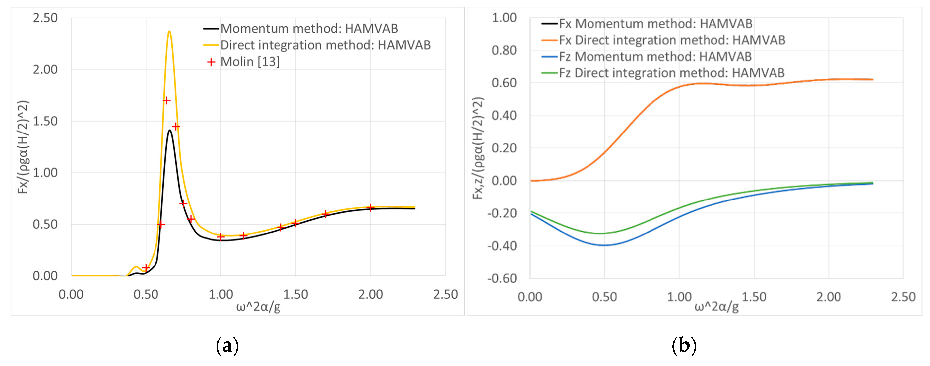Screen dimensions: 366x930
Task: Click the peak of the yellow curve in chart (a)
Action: [169, 32]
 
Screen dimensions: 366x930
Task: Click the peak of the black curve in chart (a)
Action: [169, 131]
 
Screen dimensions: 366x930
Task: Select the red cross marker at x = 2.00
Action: [371, 208]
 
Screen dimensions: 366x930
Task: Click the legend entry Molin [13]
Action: [250, 62]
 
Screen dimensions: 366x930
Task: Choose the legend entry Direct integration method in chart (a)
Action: [325, 45]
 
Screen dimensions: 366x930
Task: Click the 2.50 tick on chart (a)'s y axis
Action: [45, 18]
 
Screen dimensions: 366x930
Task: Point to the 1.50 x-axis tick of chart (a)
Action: [295, 295]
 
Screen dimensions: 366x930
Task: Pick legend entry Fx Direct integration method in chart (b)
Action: [672, 40]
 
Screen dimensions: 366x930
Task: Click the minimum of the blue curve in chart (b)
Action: [605, 245]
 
